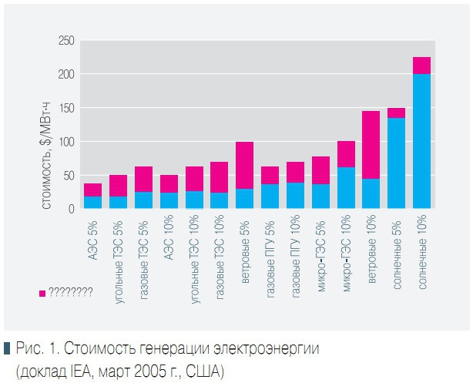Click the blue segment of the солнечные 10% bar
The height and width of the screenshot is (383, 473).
pyautogui.click(x=421, y=142)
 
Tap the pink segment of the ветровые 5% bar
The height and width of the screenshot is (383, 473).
pyautogui.click(x=245, y=165)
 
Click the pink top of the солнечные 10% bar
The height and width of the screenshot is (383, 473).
pyautogui.click(x=421, y=66)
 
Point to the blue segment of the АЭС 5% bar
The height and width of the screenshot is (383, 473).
pyautogui.click(x=93, y=203)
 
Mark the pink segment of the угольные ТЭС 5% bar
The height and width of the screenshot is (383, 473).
pyautogui.click(x=119, y=186)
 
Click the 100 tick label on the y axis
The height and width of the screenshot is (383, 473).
pyautogui.click(x=66, y=142)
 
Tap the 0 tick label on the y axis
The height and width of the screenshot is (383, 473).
pyautogui.click(x=72, y=209)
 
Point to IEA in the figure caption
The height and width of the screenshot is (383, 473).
pyautogui.click(x=76, y=371)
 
